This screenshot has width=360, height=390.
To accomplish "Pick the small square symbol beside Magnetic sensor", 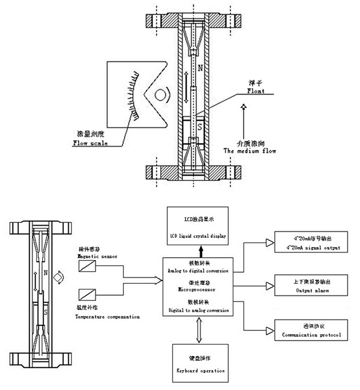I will [88, 267].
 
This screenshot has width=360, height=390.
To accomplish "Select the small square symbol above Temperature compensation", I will [88, 293].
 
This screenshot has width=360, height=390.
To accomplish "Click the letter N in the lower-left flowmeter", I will [44, 273].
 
